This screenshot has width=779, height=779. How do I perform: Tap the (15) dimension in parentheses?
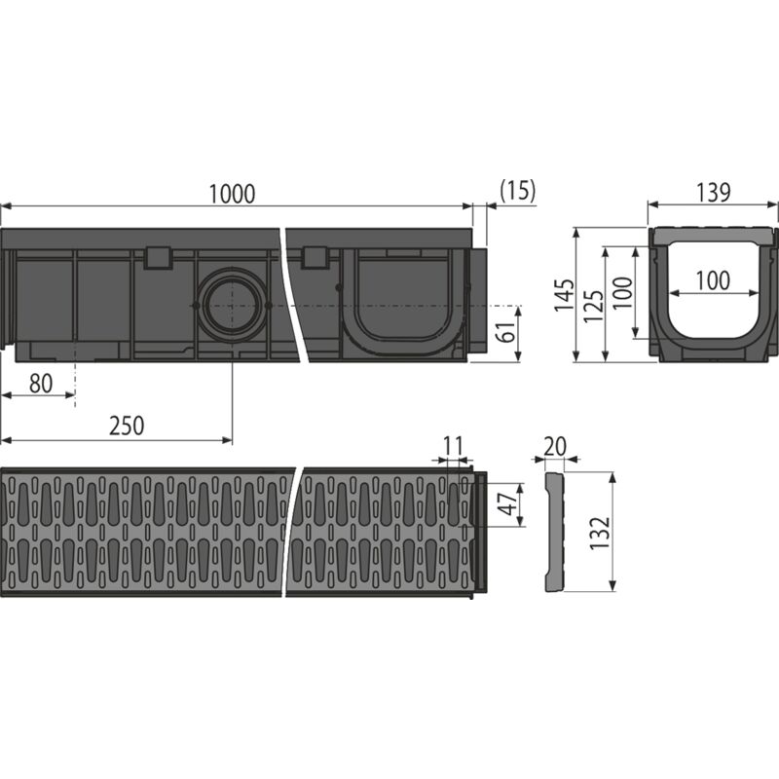click(x=516, y=191)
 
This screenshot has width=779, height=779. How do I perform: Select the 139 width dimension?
click(x=714, y=192)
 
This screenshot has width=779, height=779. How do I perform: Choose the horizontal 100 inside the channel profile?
click(x=713, y=281)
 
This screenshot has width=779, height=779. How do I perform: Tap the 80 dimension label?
click(x=40, y=384)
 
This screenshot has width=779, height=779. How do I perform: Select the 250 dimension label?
click(x=127, y=426)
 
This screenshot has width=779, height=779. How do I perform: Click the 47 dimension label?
click(x=505, y=503)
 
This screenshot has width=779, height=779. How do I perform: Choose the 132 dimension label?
click(x=601, y=531)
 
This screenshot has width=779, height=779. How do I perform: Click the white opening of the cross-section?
click(x=713, y=307)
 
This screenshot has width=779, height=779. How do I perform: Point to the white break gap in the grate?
click(x=296, y=531)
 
